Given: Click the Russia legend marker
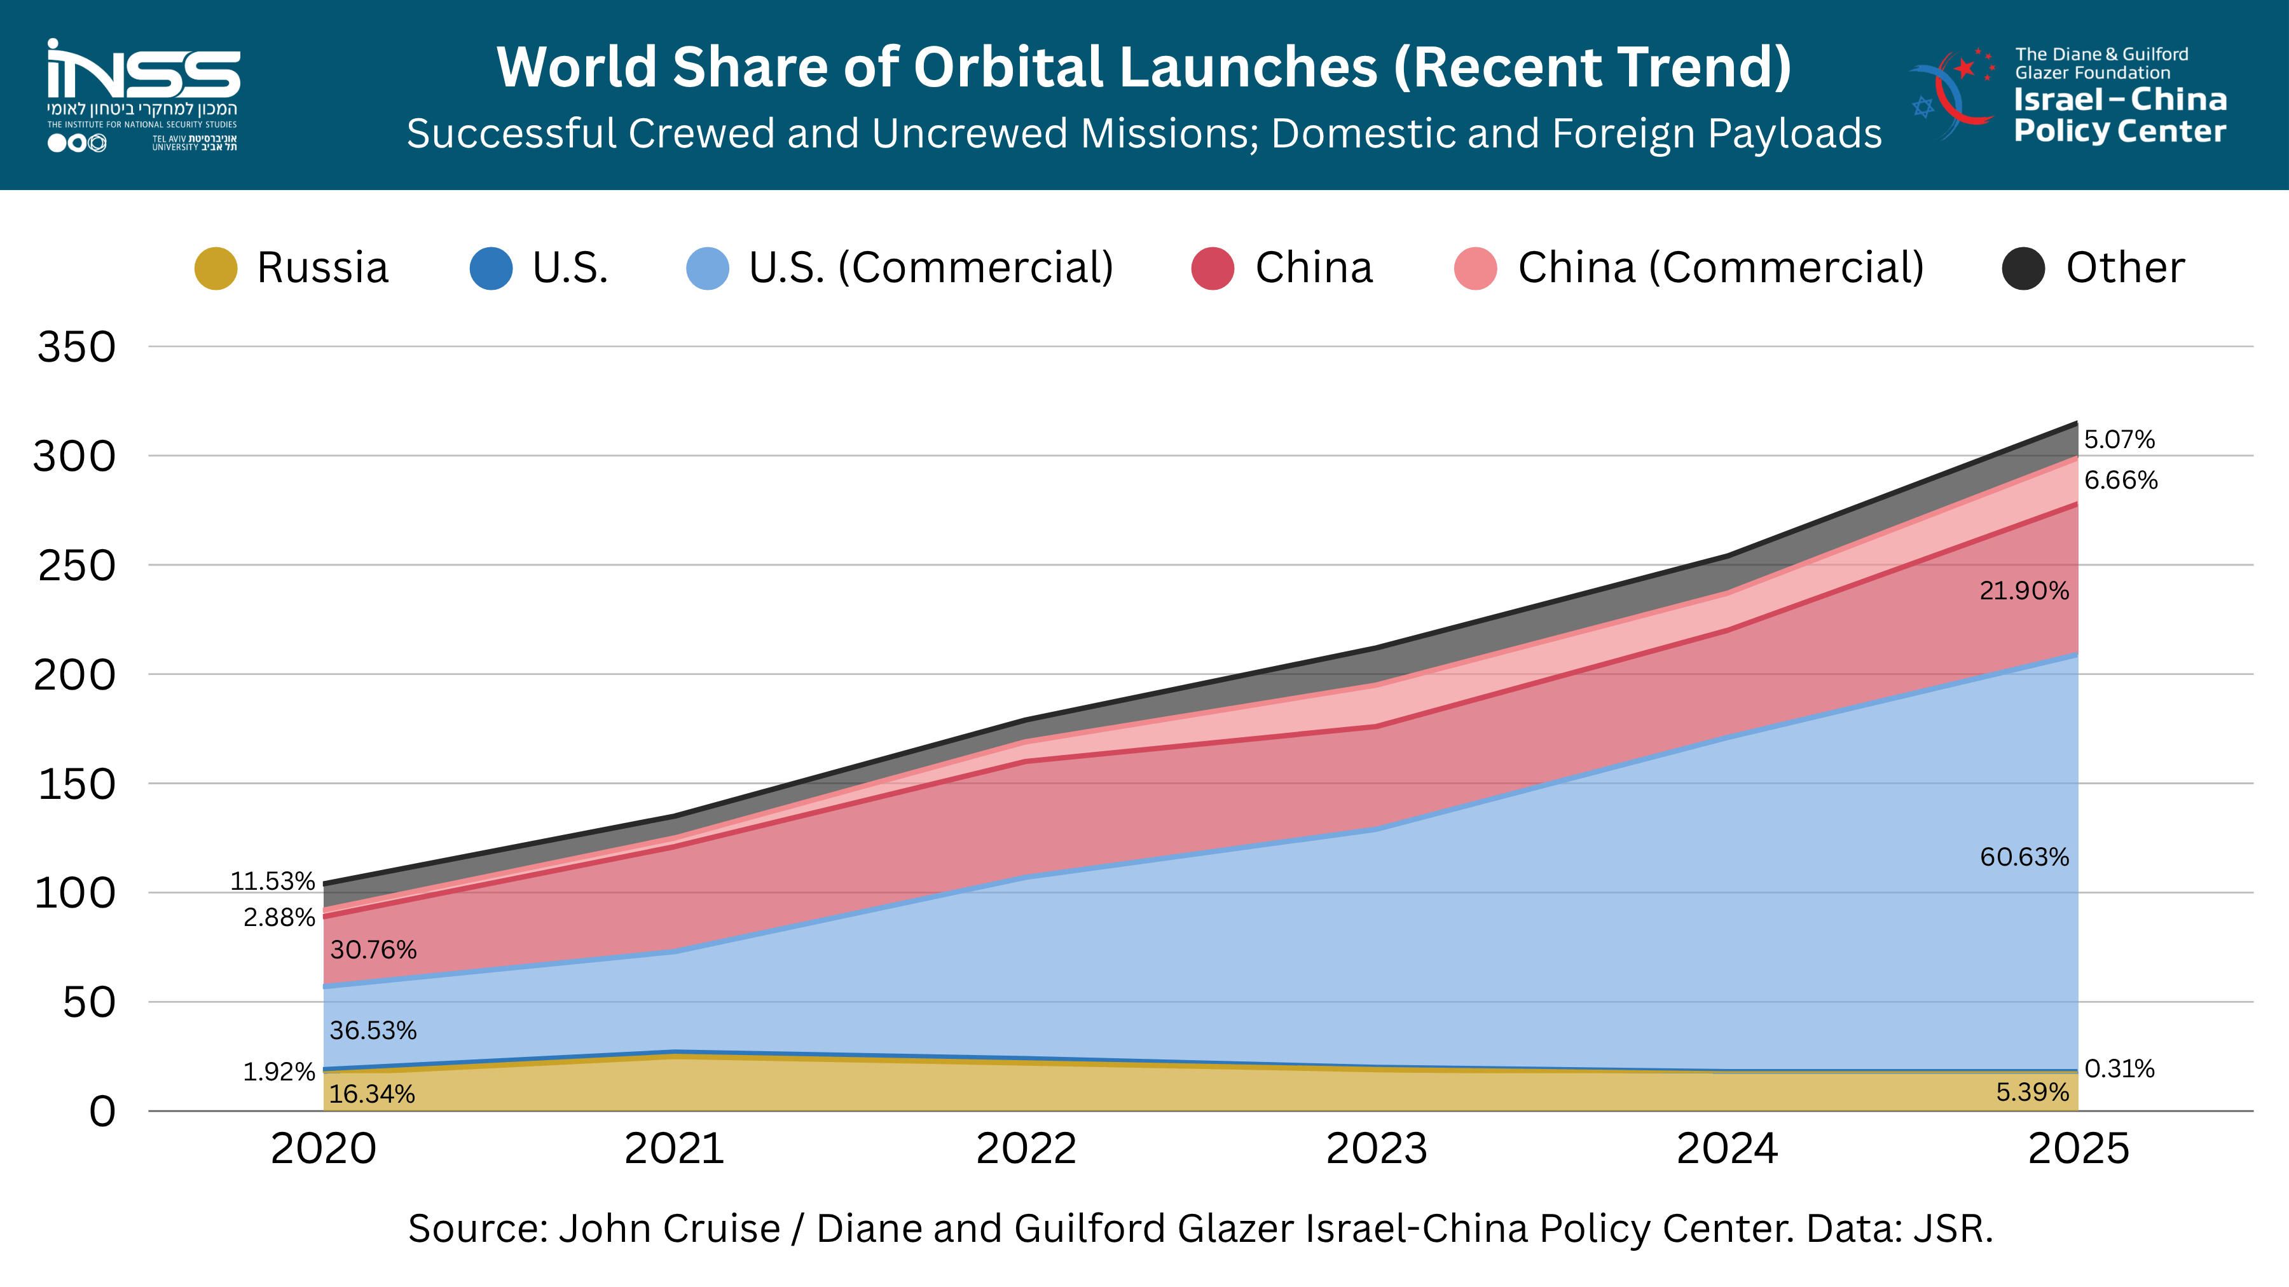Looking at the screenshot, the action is (216, 268).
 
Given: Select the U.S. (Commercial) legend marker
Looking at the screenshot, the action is (708, 268).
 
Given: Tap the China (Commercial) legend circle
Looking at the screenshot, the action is (1476, 268).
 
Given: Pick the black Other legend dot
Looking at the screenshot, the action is (2023, 268).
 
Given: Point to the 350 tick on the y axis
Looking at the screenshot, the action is (76, 347).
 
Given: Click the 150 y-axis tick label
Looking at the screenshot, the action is (76, 784).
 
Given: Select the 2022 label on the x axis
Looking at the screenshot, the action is (1026, 1148).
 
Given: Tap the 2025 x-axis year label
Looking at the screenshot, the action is (2079, 1148).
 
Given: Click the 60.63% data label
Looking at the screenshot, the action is (2024, 857).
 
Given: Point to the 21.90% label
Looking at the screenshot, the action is (2024, 590).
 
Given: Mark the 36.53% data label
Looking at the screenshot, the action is (373, 1030).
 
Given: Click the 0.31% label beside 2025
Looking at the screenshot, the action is (2119, 1068).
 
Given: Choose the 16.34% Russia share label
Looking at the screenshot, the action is (373, 1094).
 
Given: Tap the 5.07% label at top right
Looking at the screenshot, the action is (2119, 440).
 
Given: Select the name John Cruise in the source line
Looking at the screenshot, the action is (669, 1229).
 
